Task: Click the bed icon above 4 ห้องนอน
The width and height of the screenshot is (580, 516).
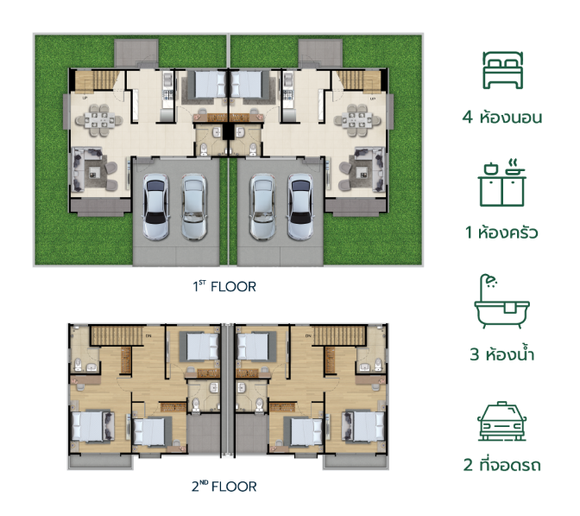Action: [502, 70]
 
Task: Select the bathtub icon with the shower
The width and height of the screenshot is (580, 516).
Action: [502, 301]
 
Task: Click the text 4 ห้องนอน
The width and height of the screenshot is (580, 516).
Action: [502, 117]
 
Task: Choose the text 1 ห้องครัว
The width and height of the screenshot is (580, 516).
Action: [501, 233]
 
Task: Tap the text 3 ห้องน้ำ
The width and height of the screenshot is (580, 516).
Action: [502, 354]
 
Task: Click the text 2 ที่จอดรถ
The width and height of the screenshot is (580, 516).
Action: [502, 465]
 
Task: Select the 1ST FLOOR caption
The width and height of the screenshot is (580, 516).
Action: [224, 286]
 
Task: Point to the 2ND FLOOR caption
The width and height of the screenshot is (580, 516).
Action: [224, 486]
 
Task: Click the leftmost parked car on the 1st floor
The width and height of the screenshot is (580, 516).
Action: [155, 207]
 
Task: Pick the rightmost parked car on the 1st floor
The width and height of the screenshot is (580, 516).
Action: [300, 207]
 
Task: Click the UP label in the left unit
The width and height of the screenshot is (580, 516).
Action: [85, 99]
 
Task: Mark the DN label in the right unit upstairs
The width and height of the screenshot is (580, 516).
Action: [308, 336]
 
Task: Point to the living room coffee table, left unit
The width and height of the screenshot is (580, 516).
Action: [94, 171]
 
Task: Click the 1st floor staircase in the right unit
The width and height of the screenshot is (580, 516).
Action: [358, 80]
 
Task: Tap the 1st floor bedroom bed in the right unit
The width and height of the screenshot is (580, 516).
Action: [247, 84]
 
